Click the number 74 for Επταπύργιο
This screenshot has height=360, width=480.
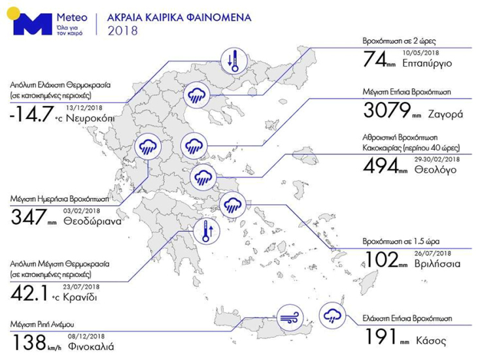375,61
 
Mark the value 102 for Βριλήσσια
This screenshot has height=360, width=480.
379,261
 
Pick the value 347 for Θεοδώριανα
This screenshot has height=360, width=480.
29,216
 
